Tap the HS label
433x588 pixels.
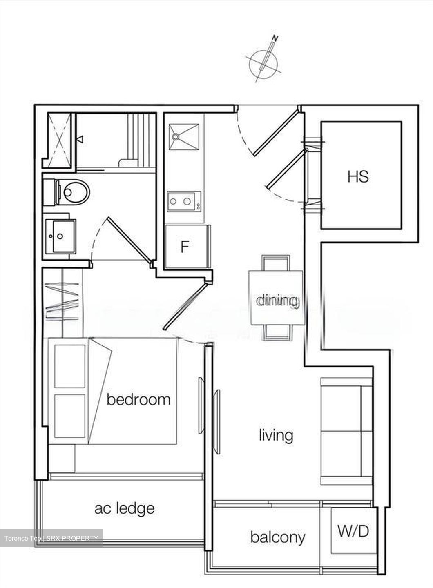pos(358,176)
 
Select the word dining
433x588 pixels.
pos(277,301)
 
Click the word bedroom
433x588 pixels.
pos(138,399)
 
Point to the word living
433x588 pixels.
pos(276,435)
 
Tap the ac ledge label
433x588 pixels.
pos(124,508)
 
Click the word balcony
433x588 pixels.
pos(278,537)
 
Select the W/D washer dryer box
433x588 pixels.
pos(353,531)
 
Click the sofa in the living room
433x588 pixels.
pos(346,431)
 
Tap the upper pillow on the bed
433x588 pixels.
pos(70,366)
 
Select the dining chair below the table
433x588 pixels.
pos(277,333)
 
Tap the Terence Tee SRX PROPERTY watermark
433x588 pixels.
pos(51,538)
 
